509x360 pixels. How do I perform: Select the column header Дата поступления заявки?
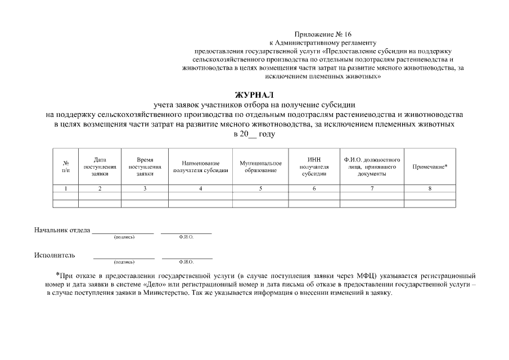(100, 166)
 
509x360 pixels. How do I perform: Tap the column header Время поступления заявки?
(145, 166)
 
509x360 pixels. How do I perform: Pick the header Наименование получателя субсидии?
(201, 166)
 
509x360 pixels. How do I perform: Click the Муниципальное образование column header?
(260, 166)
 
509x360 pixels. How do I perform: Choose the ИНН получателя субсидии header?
(314, 166)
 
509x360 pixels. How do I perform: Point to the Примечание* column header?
(430, 166)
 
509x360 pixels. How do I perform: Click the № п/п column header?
(66, 166)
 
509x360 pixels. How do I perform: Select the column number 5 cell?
(260, 188)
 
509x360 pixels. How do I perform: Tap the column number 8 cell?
(430, 188)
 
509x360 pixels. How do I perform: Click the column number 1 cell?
(66, 188)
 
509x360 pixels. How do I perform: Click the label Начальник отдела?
(61, 230)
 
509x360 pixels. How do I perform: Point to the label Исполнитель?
(54, 255)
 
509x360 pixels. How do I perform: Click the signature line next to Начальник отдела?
(123, 232)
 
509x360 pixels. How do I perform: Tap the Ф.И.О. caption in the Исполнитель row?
(186, 262)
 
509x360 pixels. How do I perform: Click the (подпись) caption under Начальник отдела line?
(124, 237)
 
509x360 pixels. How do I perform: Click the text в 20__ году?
(254, 134)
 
